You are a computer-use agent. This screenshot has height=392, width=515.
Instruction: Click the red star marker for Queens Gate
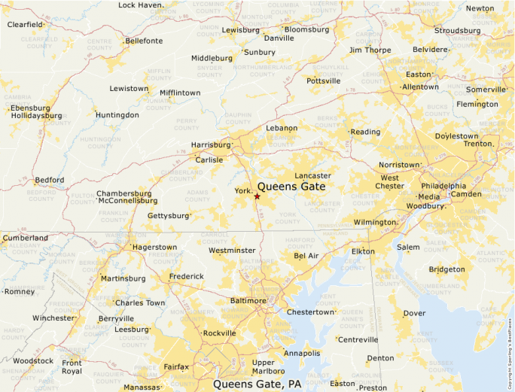(x=257, y=196)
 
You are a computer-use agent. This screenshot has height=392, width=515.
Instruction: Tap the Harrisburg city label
(x=211, y=144)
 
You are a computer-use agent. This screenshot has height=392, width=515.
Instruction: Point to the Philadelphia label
(x=443, y=186)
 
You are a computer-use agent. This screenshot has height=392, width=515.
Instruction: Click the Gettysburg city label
(x=168, y=216)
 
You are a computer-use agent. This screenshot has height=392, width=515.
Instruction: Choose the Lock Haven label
(x=140, y=5)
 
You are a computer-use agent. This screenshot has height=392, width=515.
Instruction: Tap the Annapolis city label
(x=302, y=353)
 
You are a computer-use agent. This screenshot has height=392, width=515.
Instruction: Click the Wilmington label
(x=375, y=223)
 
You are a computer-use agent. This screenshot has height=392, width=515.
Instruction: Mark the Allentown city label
(x=420, y=87)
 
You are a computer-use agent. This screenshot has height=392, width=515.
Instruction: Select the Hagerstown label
(x=154, y=247)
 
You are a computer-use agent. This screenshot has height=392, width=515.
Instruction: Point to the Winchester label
(x=53, y=318)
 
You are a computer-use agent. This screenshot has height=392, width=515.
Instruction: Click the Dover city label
(x=414, y=313)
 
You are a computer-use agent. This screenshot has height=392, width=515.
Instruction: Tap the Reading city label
(x=365, y=132)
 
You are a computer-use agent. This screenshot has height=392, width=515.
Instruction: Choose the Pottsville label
(x=324, y=81)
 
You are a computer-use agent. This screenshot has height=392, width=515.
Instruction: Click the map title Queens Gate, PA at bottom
(x=257, y=384)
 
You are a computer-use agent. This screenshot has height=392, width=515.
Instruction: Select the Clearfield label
(x=25, y=24)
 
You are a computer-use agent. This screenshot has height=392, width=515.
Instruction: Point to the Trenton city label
(x=477, y=144)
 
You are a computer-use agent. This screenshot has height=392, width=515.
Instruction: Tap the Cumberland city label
(x=25, y=238)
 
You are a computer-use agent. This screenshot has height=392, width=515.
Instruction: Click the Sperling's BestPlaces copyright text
(x=510, y=354)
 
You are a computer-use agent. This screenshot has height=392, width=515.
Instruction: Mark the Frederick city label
(x=186, y=276)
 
